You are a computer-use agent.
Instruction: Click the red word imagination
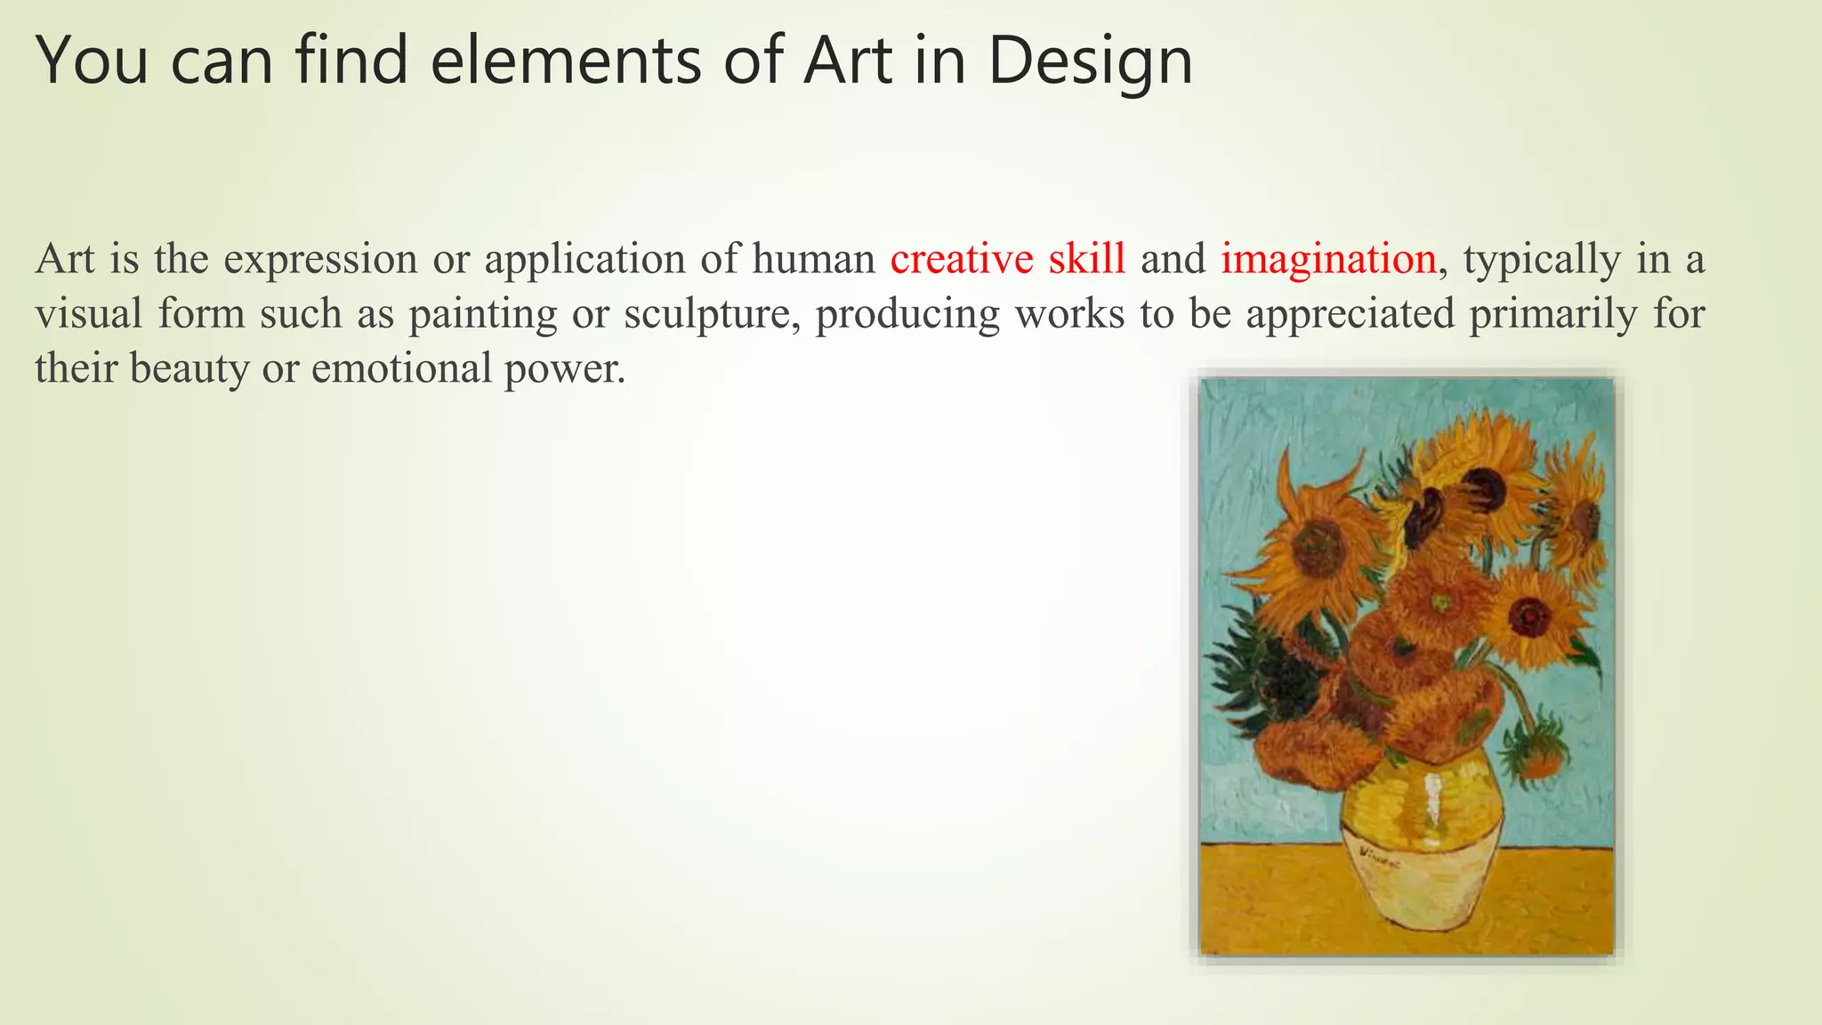pyautogui.click(x=1328, y=260)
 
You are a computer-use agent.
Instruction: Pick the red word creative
pyautogui.click(x=961, y=260)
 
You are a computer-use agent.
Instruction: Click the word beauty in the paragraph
pyautogui.click(x=189, y=368)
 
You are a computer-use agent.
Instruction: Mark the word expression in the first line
pyautogui.click(x=320, y=260)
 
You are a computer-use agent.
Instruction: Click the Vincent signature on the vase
pyautogui.click(x=1379, y=859)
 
